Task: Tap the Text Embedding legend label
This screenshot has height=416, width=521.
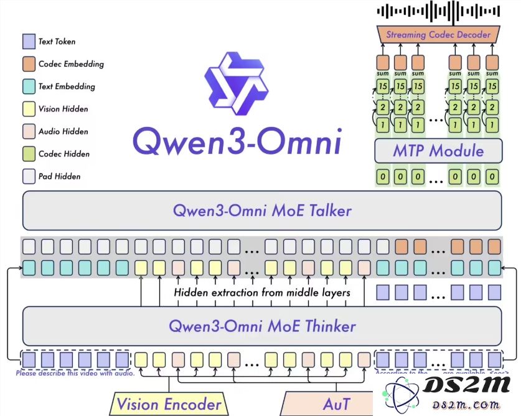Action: pyautogui.click(x=67, y=87)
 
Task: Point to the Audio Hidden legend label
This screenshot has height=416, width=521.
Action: pyautogui.click(x=63, y=131)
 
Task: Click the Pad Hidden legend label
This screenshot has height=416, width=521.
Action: pyautogui.click(x=59, y=176)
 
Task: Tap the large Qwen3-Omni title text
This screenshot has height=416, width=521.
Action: pyautogui.click(x=237, y=143)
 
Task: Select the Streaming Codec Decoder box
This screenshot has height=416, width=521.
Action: pyautogui.click(x=438, y=35)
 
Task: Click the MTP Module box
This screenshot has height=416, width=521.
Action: pyautogui.click(x=438, y=151)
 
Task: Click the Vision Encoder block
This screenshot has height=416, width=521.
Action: pyautogui.click(x=169, y=404)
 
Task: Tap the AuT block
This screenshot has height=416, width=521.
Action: pyautogui.click(x=336, y=404)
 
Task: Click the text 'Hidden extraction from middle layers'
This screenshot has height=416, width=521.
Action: pyautogui.click(x=261, y=292)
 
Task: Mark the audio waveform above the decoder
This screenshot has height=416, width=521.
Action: pyautogui.click(x=438, y=11)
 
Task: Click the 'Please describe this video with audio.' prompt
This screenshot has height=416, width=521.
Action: pyautogui.click(x=75, y=373)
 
